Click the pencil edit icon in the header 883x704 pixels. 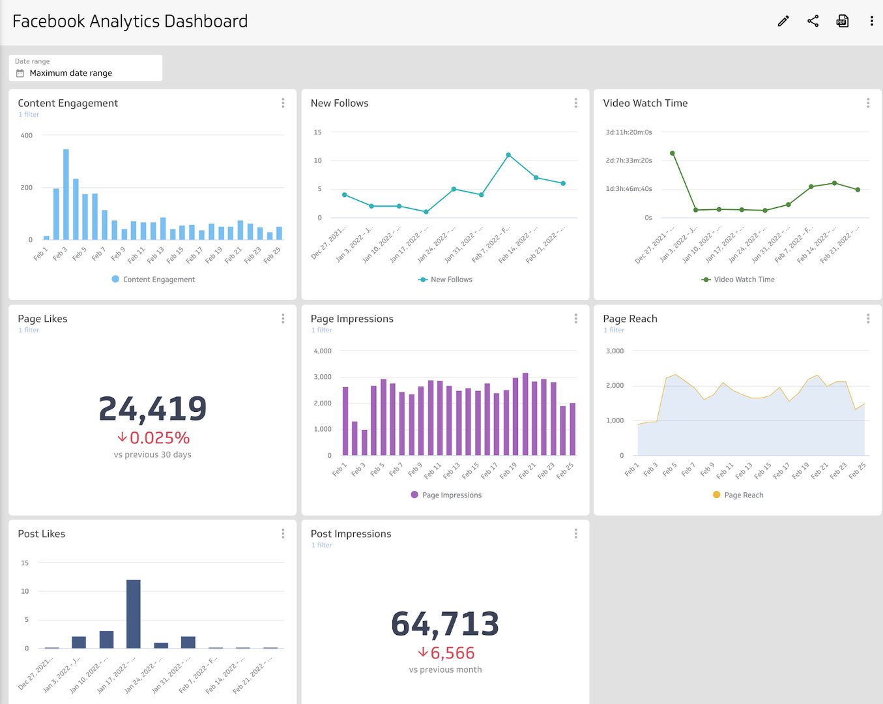783,21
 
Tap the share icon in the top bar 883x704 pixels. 813,21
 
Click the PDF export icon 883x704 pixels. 842,21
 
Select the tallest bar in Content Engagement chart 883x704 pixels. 66,194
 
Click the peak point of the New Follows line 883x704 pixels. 508,155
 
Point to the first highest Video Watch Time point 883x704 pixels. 672,154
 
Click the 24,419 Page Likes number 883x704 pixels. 152,409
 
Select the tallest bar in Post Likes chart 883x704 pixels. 133,613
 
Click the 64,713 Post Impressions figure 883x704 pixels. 445,624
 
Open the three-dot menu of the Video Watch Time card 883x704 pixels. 867,103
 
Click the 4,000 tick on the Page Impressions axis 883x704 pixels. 323,351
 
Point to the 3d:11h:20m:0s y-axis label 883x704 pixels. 628,132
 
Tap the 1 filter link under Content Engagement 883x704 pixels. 29,115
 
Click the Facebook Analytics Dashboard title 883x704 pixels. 130,21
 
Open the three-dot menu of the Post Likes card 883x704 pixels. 283,534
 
